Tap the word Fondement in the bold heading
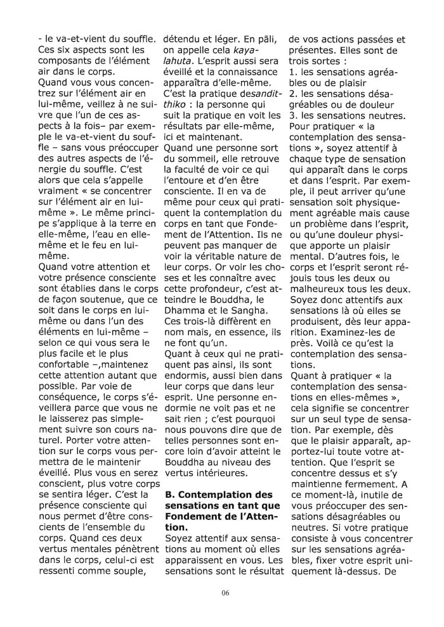click(x=193, y=516)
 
